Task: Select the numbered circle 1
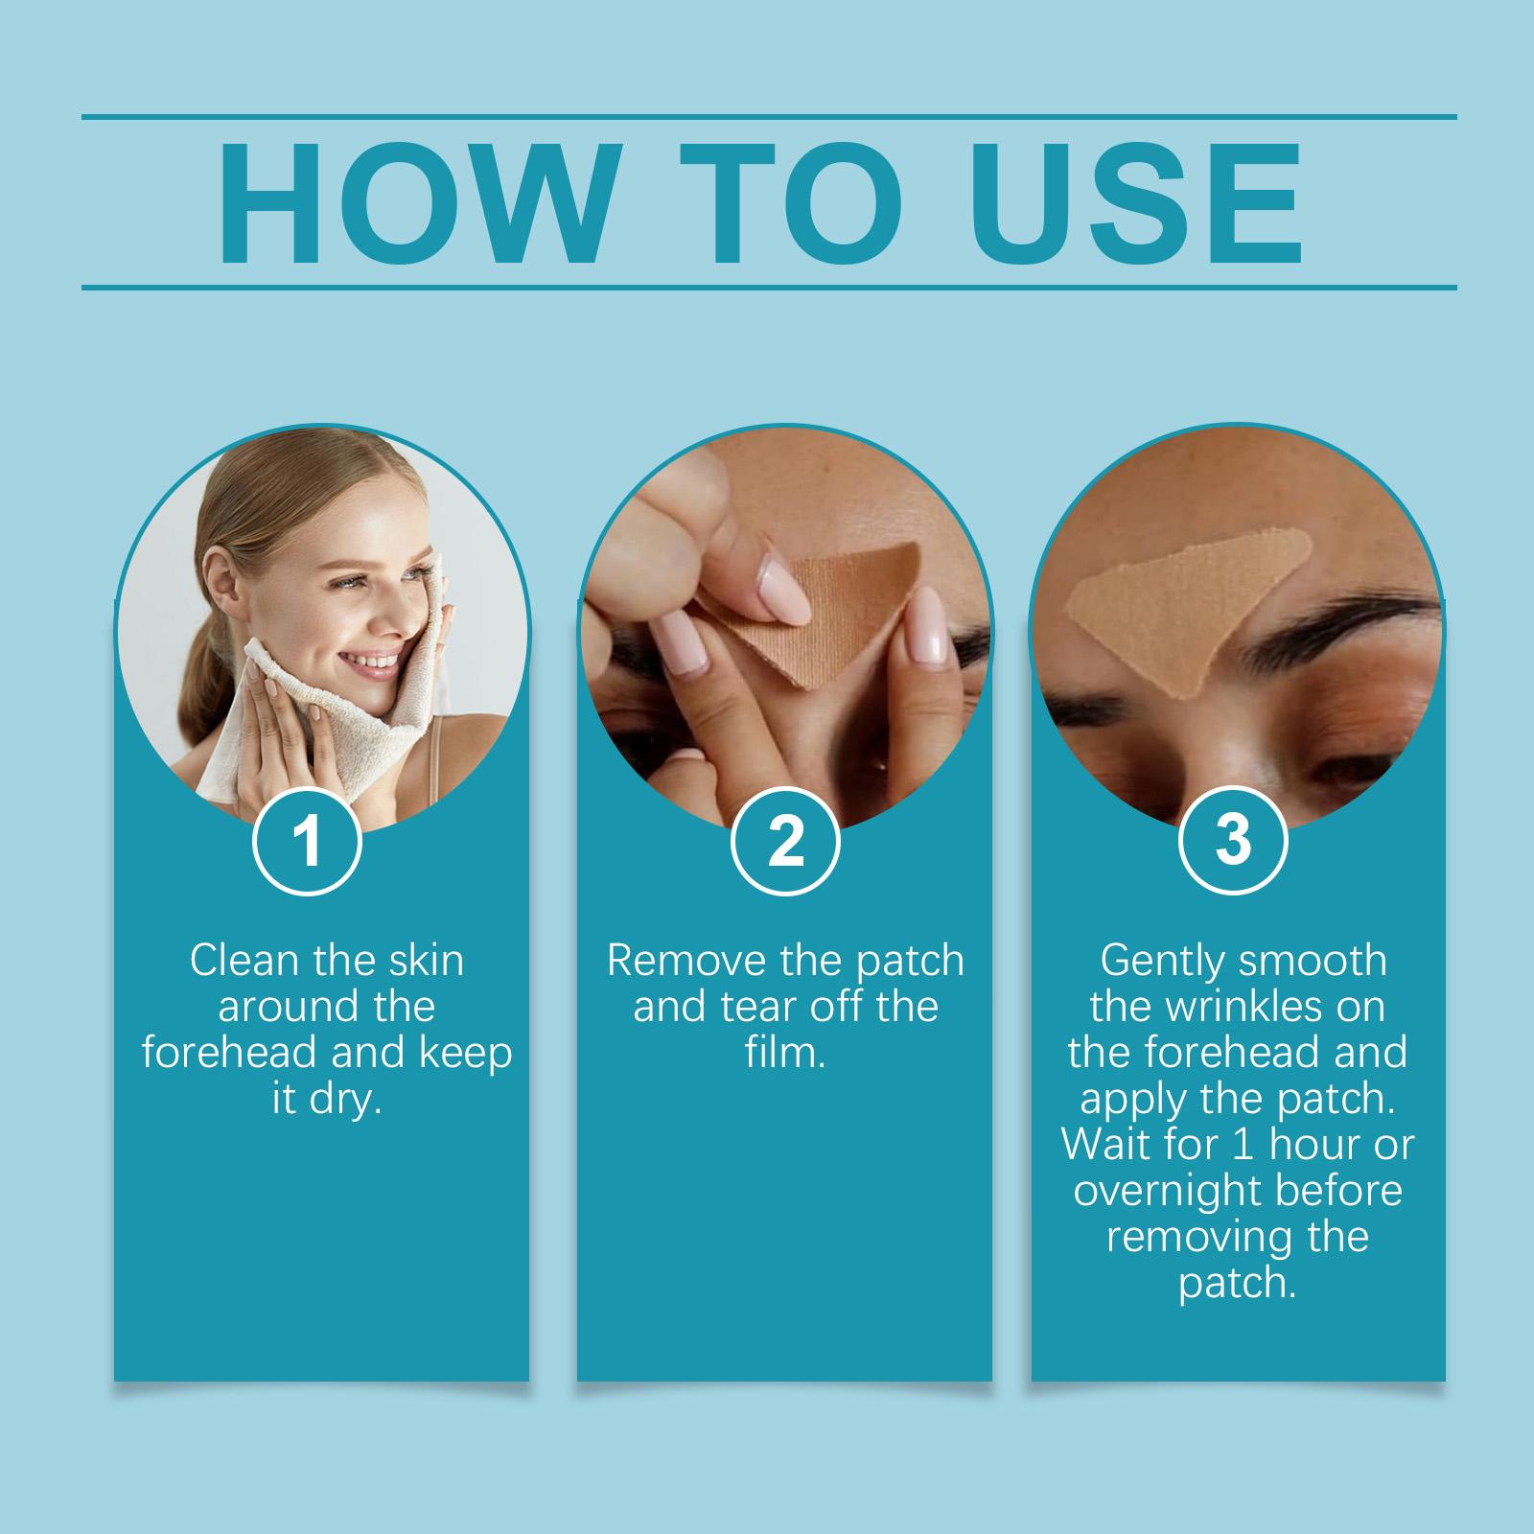tap(307, 841)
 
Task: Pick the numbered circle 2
tap(785, 841)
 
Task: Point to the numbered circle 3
tap(1233, 841)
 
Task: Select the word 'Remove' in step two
tap(679, 961)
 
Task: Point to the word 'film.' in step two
tap(785, 1053)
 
